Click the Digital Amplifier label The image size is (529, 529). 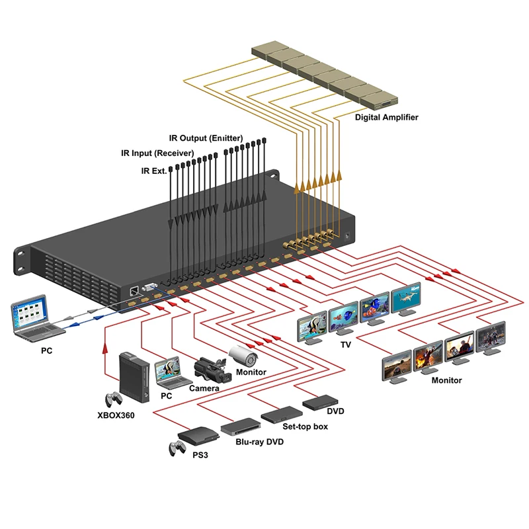[x=386, y=117]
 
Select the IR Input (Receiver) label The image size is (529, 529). [x=157, y=153]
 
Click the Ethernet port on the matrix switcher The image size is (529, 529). [x=134, y=290]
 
